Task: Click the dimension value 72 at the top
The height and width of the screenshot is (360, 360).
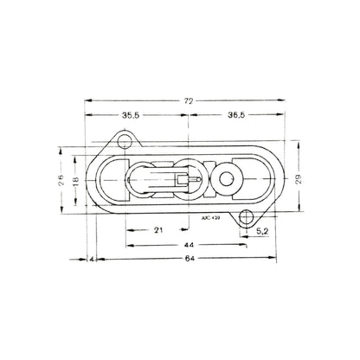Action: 188,101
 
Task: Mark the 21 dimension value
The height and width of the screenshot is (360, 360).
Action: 157,231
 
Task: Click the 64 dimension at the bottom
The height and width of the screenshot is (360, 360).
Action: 185,259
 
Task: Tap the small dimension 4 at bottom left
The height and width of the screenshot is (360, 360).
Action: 92,259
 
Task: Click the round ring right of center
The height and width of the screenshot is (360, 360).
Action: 228,179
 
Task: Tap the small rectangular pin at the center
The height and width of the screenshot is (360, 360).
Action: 185,180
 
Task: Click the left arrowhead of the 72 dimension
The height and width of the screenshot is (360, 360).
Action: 87,102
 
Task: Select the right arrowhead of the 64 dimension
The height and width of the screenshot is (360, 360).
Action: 277,259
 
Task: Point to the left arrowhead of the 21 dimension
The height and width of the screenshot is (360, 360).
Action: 128,231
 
